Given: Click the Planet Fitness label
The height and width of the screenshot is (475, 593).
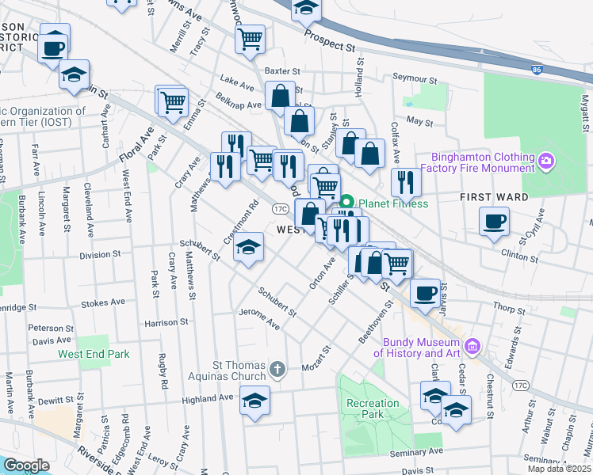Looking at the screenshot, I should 393,203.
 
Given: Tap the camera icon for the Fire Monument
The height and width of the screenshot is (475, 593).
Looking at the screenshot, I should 545,162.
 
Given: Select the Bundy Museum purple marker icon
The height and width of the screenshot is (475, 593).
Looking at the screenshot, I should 473,345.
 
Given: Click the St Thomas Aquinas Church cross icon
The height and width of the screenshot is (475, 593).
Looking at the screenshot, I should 277,368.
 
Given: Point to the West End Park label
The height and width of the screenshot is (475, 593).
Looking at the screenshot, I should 94,354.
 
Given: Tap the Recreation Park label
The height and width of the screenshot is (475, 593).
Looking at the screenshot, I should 373,408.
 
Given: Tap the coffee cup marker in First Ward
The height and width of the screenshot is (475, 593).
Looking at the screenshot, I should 494,221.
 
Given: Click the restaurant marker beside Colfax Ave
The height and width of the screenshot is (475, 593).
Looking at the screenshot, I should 405,182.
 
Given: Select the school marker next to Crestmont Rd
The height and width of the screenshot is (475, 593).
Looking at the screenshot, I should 249,247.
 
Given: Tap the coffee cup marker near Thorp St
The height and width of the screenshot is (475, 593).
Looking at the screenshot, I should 424,292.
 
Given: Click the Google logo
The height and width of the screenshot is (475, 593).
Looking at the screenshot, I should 26,465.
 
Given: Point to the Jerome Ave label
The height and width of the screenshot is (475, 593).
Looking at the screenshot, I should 259,319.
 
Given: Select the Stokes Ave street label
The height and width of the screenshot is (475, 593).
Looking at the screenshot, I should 105,302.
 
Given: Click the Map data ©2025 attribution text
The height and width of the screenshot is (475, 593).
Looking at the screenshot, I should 560,469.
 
